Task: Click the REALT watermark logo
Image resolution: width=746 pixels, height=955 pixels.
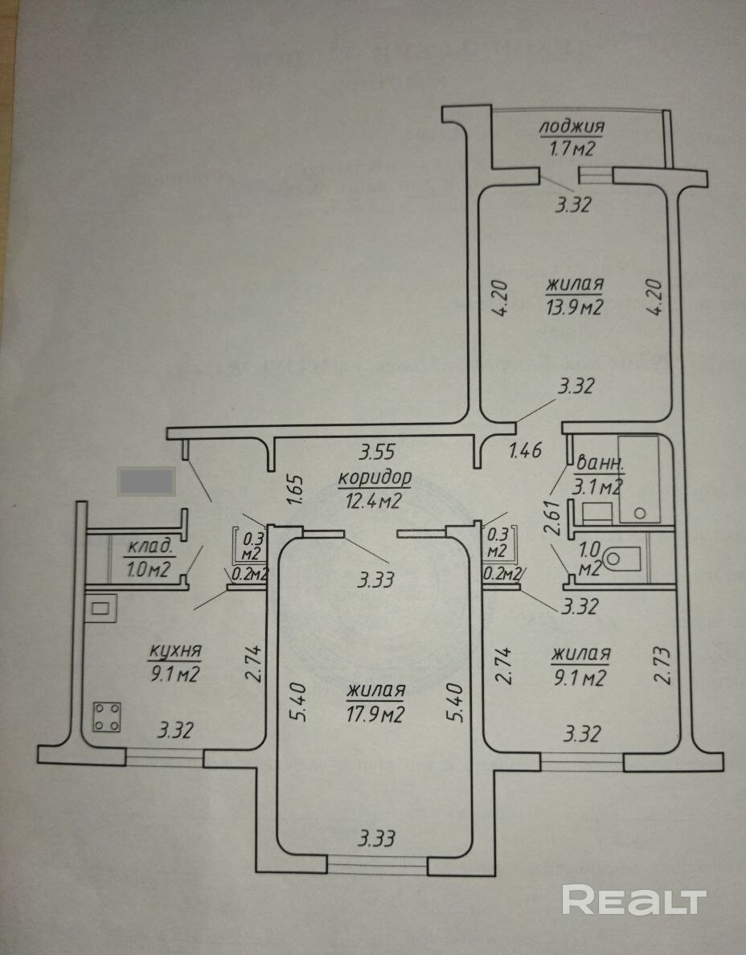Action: (x=634, y=900)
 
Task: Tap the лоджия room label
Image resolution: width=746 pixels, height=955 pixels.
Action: (x=572, y=127)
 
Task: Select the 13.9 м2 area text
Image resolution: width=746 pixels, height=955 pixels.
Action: (x=575, y=305)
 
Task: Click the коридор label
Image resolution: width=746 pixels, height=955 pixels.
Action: (x=375, y=477)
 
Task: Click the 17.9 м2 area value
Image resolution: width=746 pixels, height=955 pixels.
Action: (x=375, y=713)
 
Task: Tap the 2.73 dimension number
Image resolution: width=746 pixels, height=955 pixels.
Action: (x=662, y=664)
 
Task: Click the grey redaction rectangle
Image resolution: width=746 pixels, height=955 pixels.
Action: (x=146, y=481)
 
